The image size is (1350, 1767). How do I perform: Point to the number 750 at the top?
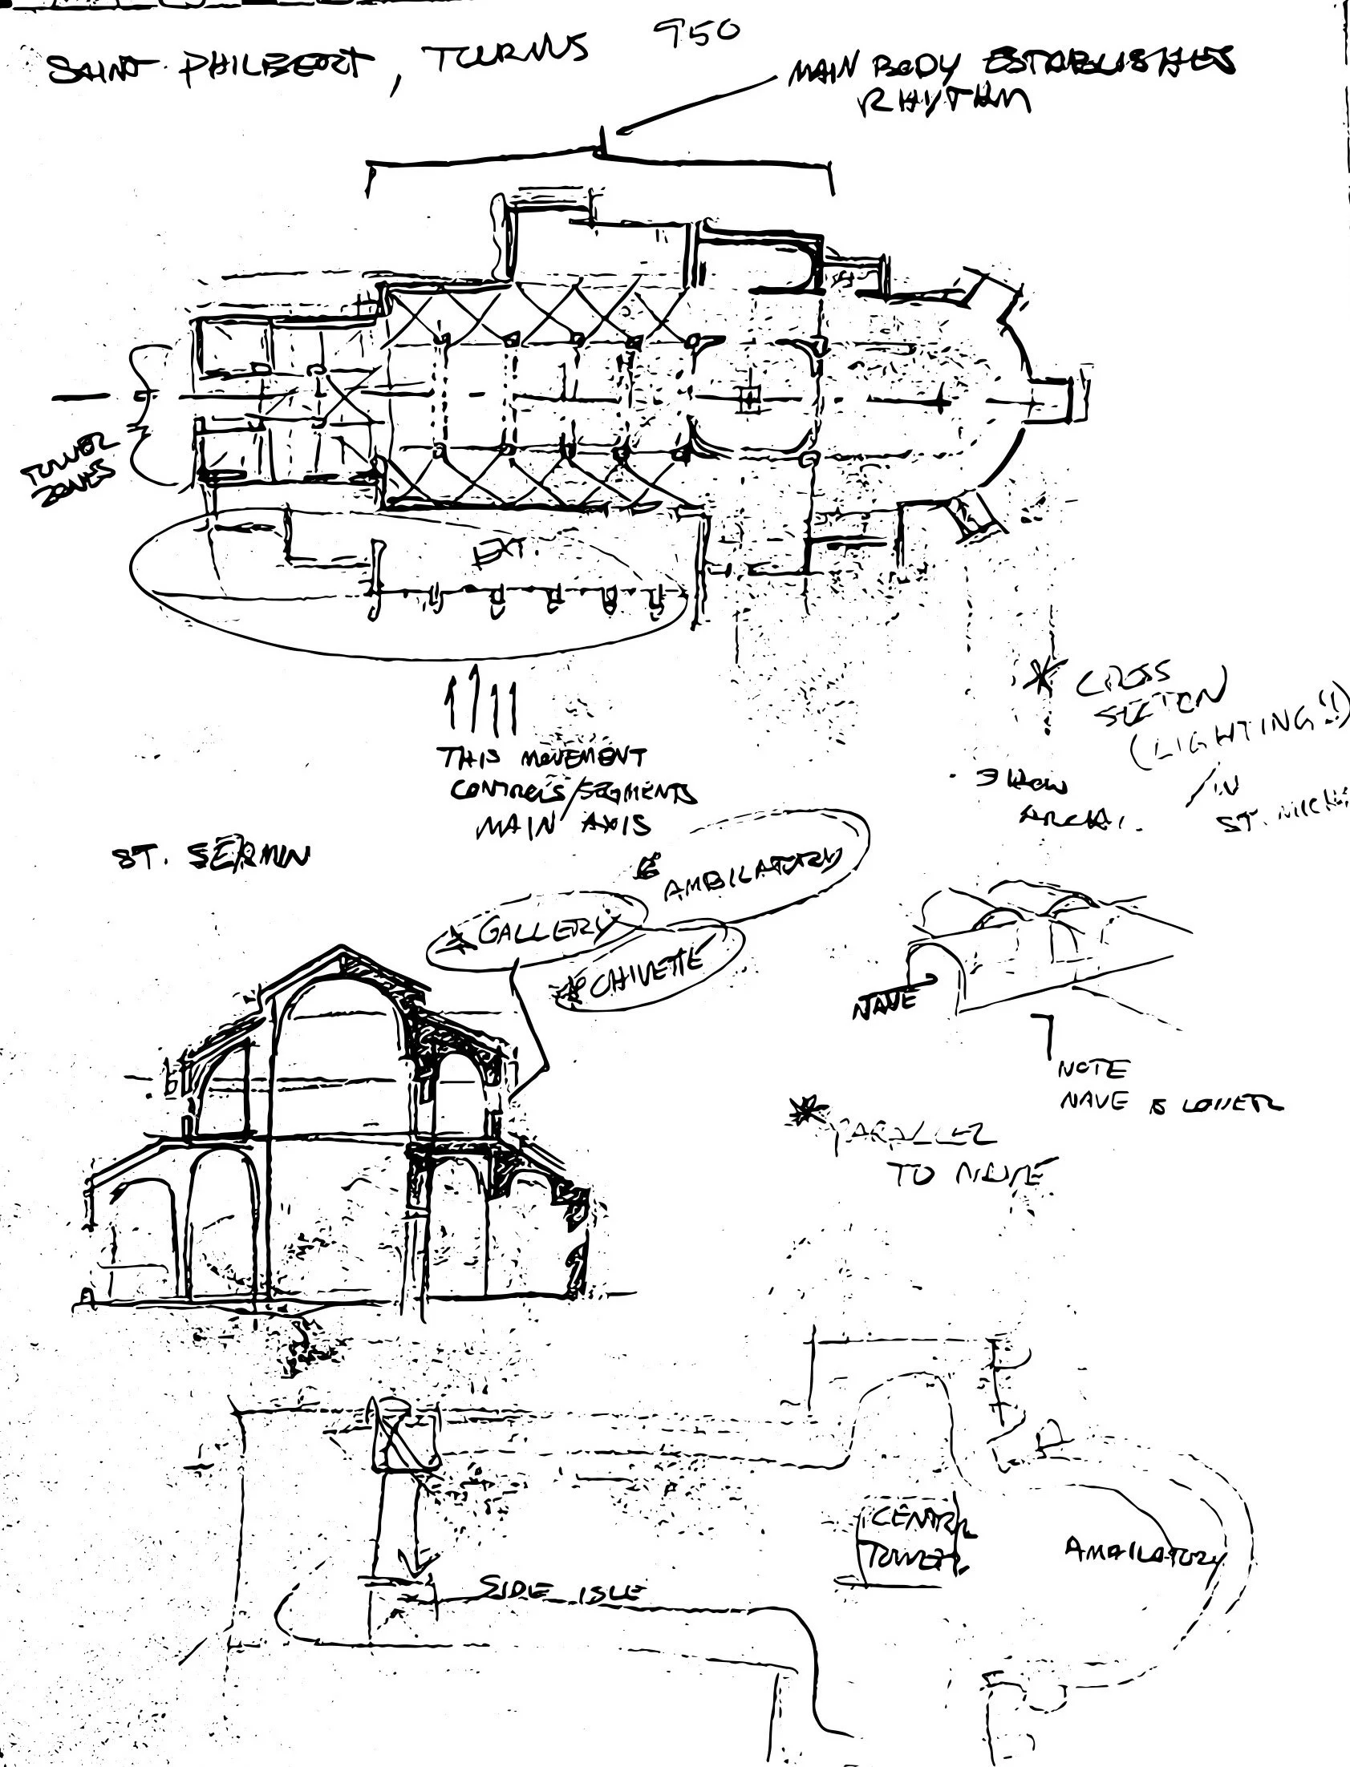pyautogui.click(x=695, y=34)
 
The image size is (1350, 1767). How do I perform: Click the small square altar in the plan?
pyautogui.click(x=748, y=398)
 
